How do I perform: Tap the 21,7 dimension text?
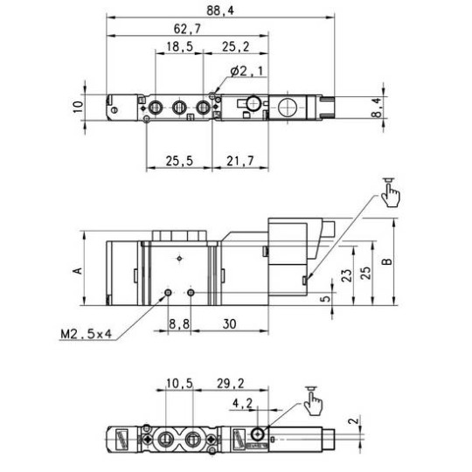[x=238, y=160]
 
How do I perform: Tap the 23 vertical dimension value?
[x=346, y=274]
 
